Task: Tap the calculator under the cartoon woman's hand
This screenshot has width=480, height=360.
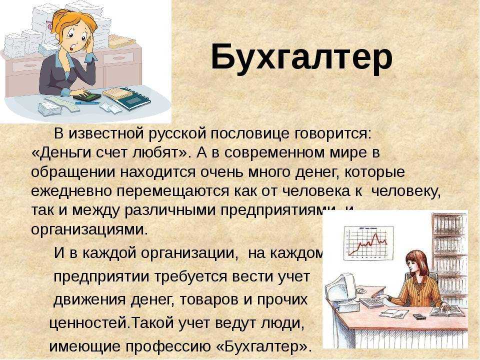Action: [x=87, y=97]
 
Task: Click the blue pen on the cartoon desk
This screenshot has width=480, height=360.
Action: [x=87, y=103]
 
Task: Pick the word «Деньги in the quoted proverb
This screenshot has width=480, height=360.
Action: [x=61, y=152]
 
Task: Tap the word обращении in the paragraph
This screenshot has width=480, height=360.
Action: [x=73, y=172]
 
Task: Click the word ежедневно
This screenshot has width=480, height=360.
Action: [x=71, y=191]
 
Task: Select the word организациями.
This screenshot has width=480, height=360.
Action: [x=89, y=229]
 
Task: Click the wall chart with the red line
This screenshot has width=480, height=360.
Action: [x=368, y=243]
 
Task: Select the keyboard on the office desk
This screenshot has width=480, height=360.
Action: [x=371, y=302]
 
